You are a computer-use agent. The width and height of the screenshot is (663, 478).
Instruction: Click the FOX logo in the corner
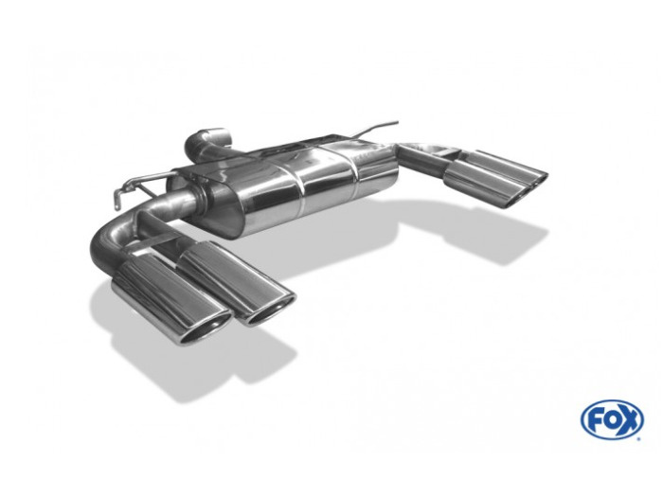612,419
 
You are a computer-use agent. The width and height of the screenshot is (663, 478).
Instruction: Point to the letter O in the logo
611,420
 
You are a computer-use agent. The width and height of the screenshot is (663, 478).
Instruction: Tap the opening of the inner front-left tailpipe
271,310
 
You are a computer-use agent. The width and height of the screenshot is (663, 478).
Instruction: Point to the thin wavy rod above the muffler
375,127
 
